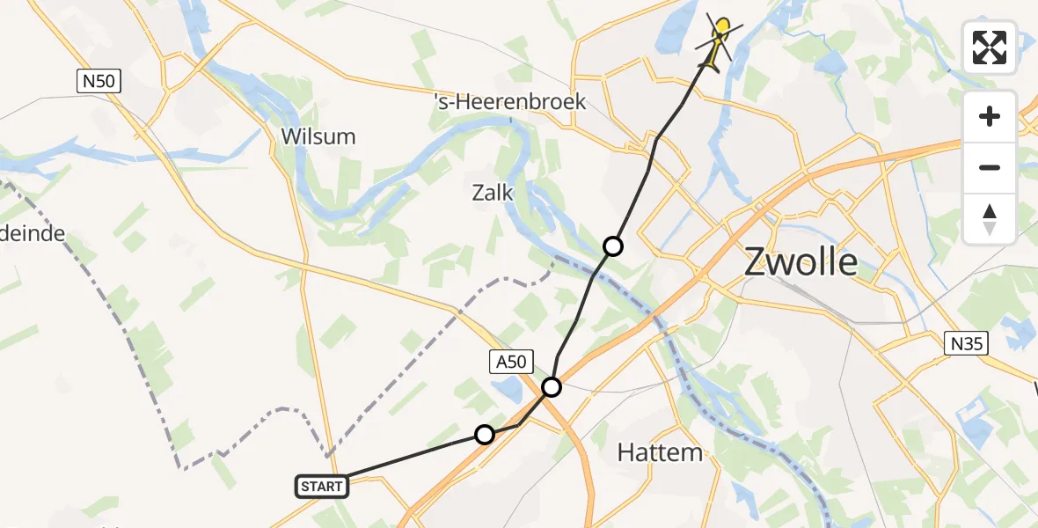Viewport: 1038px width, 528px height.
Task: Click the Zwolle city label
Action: (800, 261)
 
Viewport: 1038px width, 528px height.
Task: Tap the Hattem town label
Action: (660, 453)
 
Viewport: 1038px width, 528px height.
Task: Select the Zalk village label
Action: (493, 193)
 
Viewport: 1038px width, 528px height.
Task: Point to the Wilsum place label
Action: (318, 136)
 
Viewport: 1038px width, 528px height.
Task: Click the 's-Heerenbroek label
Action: (510, 102)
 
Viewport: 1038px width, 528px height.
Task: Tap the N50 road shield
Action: (98, 83)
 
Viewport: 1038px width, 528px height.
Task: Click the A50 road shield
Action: (510, 361)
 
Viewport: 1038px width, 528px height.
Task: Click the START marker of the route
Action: (321, 486)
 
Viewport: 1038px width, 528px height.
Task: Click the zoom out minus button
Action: (990, 167)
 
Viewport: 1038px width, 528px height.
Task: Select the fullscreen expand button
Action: (990, 48)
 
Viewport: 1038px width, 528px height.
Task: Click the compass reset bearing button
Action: (990, 218)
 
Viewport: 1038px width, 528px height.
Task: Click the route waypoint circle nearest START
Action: (485, 434)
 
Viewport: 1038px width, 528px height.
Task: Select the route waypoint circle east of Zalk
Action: (613, 246)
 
